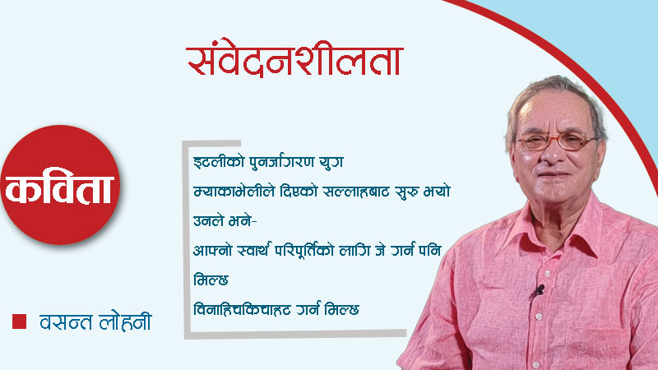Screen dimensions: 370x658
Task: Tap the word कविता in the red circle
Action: (x=63, y=191)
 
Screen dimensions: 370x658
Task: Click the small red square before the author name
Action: (x=19, y=320)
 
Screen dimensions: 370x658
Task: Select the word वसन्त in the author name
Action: (x=67, y=321)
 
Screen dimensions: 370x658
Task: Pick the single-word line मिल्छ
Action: (x=208, y=279)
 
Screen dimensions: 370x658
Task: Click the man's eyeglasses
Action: (x=555, y=141)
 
